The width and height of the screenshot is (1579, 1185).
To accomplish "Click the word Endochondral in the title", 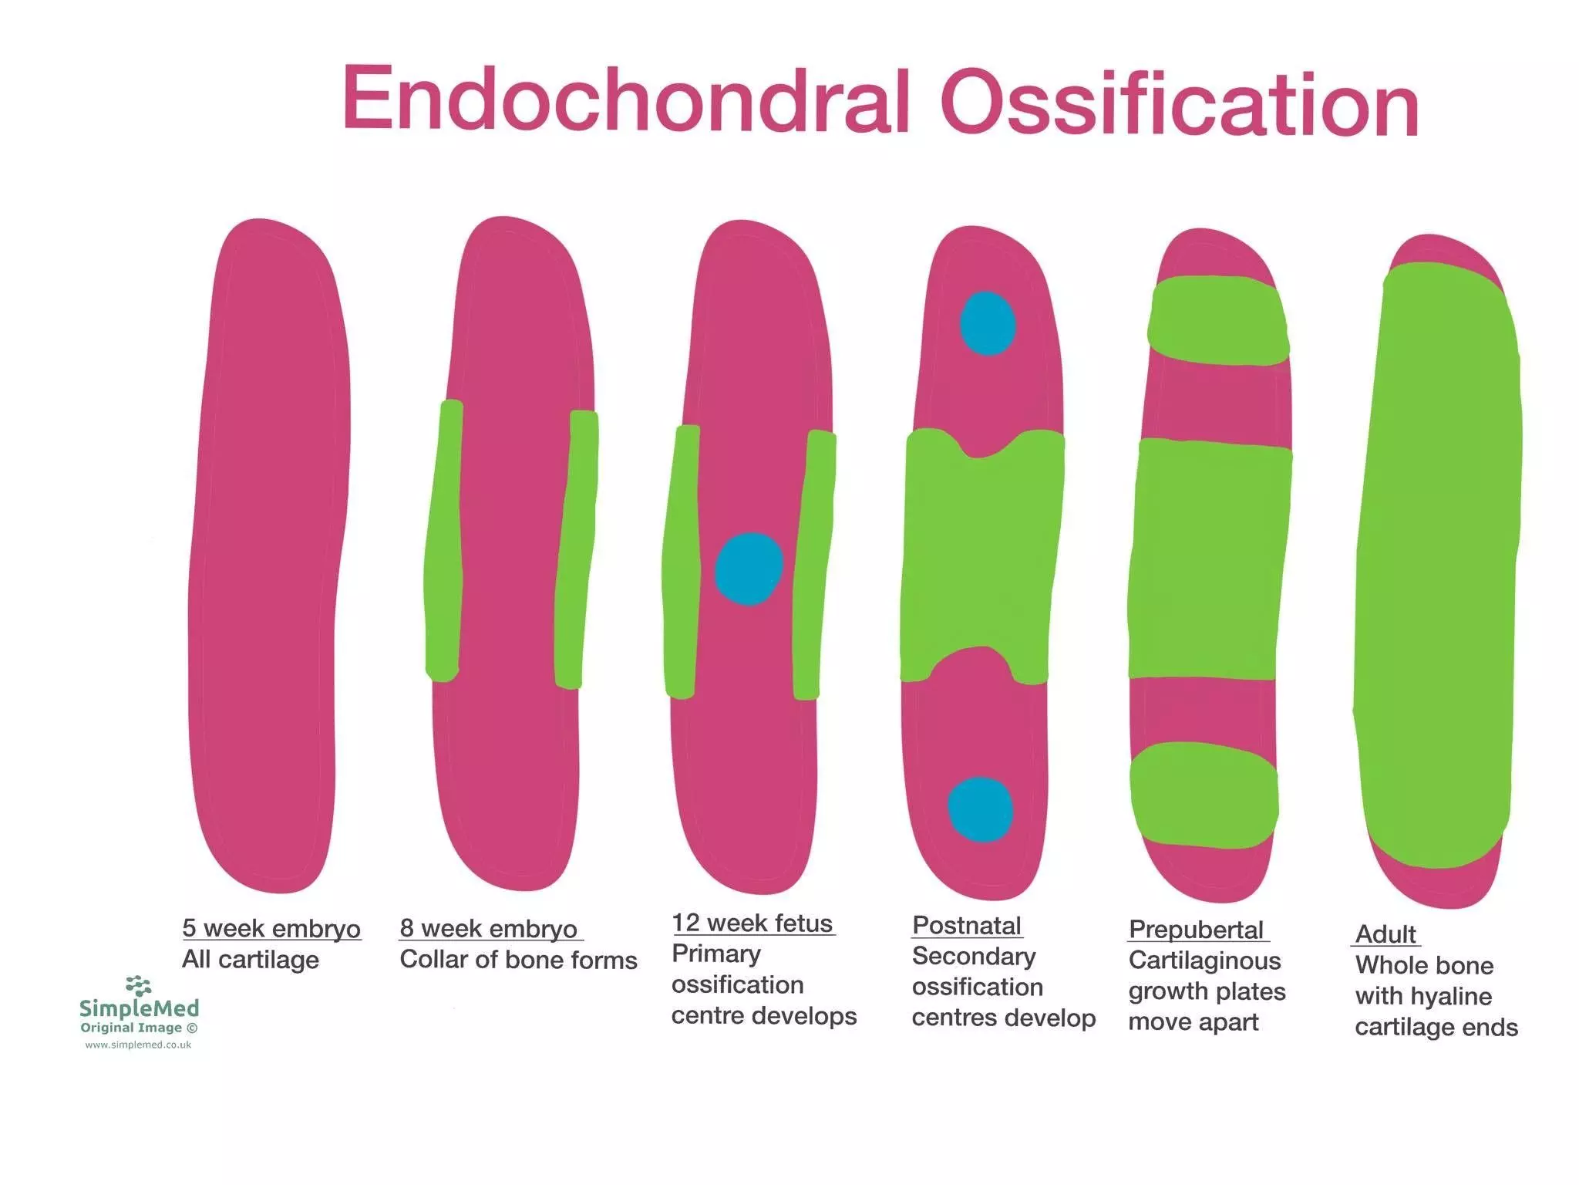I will [626, 100].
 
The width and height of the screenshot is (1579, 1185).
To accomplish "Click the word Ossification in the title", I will [1180, 104].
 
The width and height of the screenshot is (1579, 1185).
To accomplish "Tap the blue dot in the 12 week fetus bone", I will [749, 569].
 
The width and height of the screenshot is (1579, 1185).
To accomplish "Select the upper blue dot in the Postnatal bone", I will [988, 323].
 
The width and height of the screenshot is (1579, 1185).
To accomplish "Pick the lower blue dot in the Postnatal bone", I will [980, 809].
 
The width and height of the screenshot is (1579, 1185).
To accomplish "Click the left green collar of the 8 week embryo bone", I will [444, 540].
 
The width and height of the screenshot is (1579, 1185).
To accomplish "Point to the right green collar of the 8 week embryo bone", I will [575, 548].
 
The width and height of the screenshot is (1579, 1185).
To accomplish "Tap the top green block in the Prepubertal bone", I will [1217, 321].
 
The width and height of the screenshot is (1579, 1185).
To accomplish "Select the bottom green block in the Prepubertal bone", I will [1204, 795].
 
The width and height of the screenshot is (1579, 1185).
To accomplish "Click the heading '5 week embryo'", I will [271, 928].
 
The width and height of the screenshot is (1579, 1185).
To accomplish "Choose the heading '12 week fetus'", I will [752, 923].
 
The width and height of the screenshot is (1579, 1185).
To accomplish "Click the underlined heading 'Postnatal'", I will [966, 925].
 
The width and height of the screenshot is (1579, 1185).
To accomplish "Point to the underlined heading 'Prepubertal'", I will [1196, 930].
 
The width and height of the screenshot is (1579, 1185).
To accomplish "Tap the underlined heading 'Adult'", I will [1385, 934].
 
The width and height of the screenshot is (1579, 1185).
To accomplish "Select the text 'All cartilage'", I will [251, 960].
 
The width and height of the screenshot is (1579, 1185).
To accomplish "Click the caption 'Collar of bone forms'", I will [518, 960].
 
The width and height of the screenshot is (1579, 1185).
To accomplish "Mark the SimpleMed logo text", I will [139, 1008].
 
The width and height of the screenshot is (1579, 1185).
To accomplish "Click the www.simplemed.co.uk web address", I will [138, 1045].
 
